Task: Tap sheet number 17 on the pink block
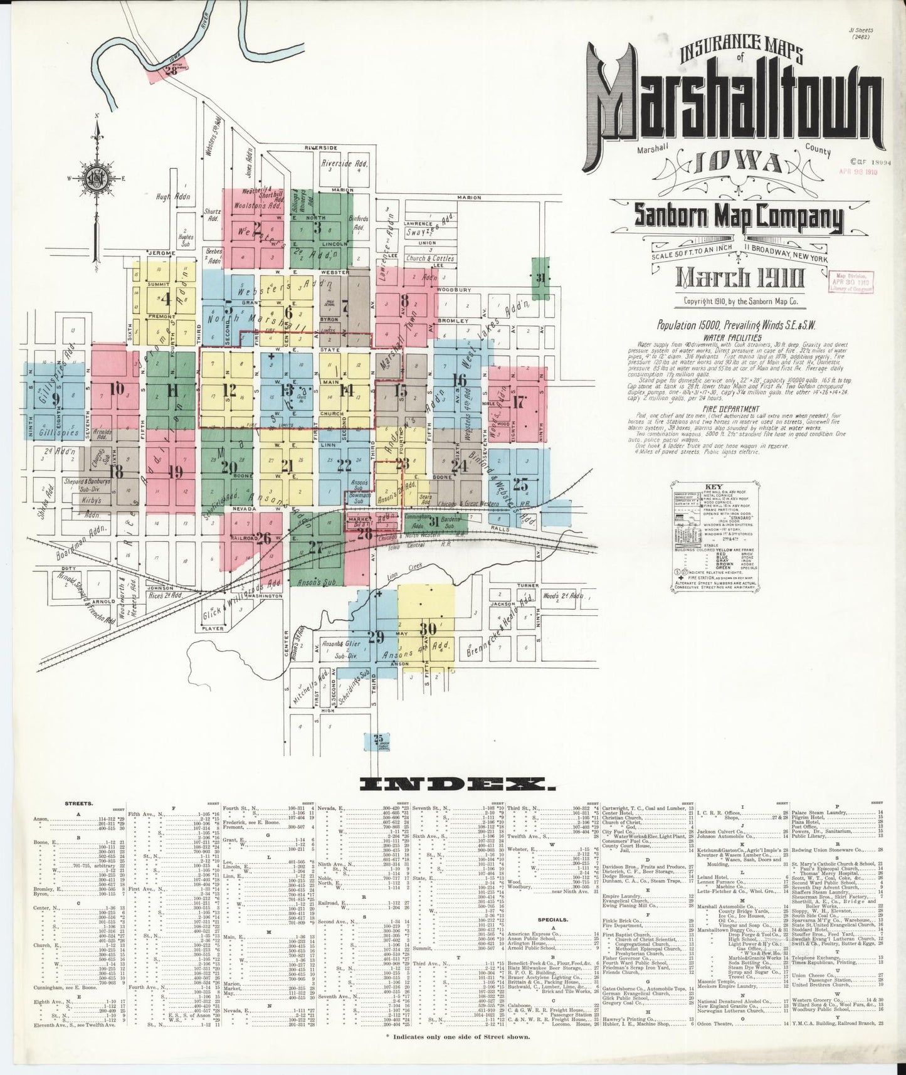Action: [518, 401]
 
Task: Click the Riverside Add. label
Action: [342, 164]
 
